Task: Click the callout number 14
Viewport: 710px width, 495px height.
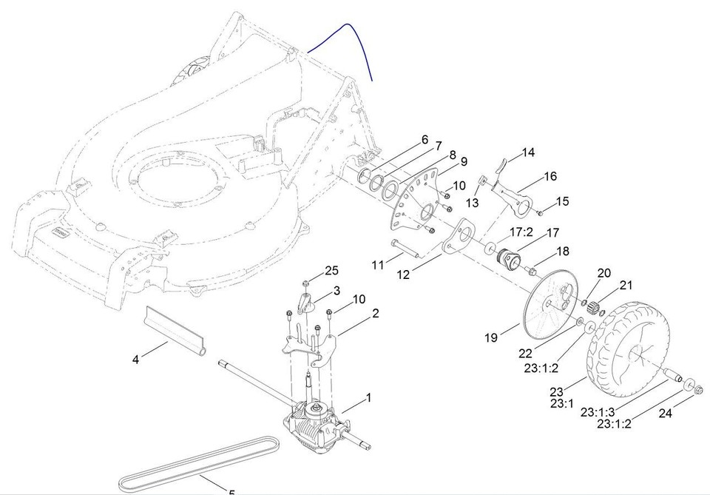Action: click(527, 153)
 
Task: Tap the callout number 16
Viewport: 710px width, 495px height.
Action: click(550, 176)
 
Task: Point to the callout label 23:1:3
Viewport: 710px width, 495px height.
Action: click(598, 411)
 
